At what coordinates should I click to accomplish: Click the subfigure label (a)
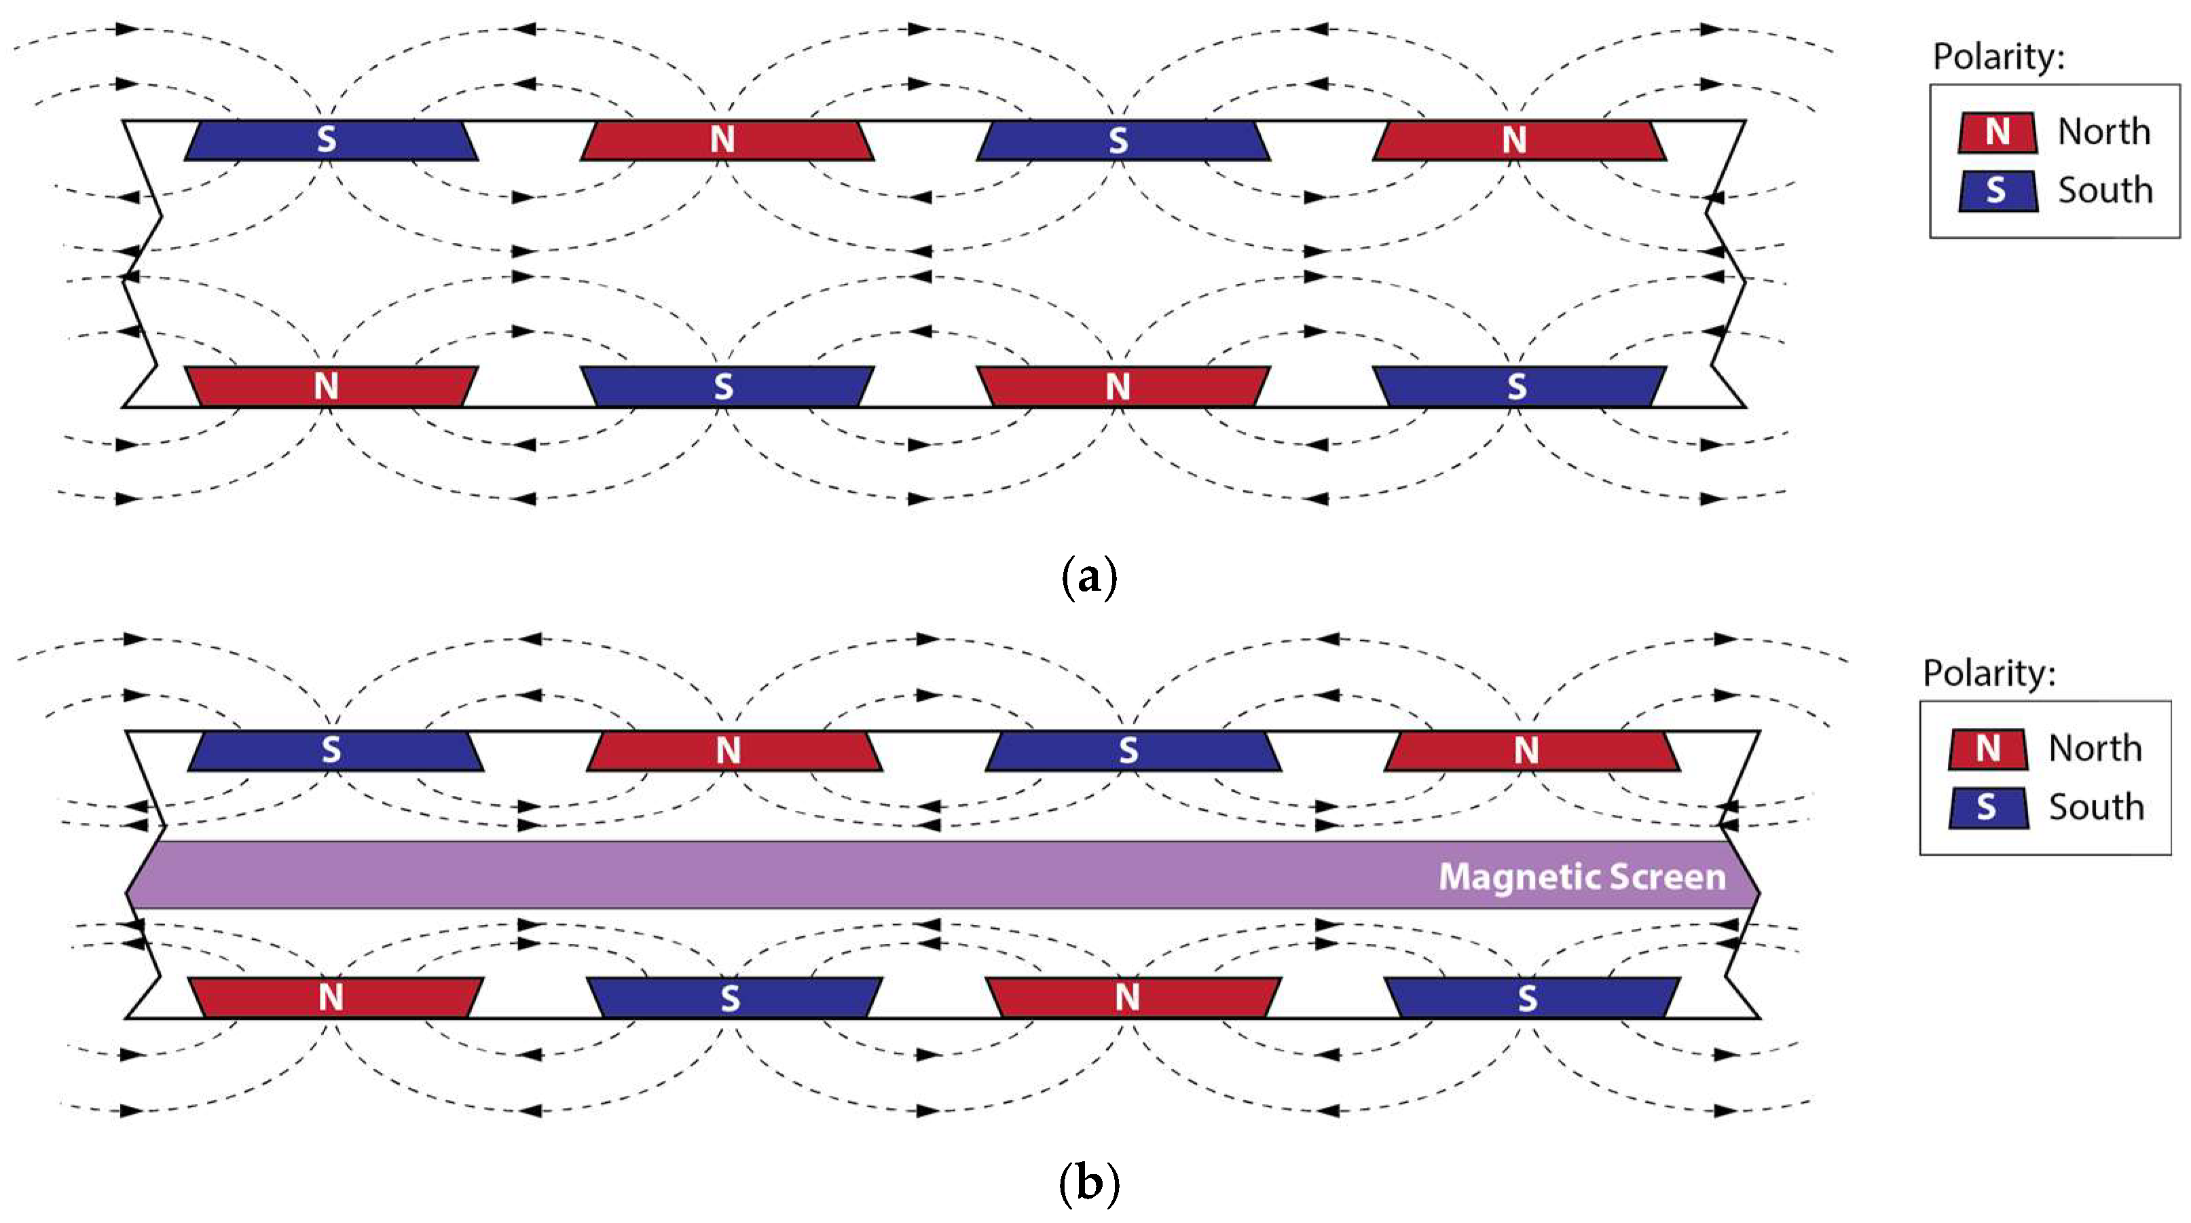[1090, 577]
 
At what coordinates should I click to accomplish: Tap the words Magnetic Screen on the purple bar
[1582, 876]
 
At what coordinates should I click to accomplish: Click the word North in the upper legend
[2104, 132]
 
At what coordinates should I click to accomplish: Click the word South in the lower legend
[2097, 807]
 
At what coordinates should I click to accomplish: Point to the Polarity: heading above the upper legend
[1999, 57]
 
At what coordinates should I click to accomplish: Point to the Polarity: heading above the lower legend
[1989, 673]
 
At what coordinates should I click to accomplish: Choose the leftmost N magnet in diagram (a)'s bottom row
[331, 387]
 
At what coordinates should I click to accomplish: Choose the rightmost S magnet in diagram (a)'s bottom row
[1519, 387]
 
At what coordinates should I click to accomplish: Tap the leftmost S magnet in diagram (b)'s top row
[335, 750]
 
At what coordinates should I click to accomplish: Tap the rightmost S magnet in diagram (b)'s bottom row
[1532, 998]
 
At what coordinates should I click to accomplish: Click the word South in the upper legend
[2105, 191]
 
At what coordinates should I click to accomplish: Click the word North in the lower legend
[2095, 748]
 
